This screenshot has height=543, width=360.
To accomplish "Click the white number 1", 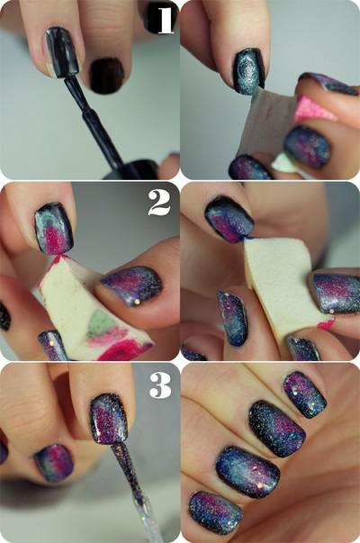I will point(164,20).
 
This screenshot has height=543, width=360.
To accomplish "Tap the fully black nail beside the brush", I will point(106,75).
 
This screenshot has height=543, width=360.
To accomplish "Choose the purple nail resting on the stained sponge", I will point(131,285).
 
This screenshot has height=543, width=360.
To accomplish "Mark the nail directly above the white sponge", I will point(229,219).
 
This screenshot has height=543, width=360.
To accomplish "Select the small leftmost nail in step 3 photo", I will point(54,461).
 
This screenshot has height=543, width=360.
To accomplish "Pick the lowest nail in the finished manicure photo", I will point(215,511).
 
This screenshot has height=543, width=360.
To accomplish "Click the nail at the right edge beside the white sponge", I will point(337,292).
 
